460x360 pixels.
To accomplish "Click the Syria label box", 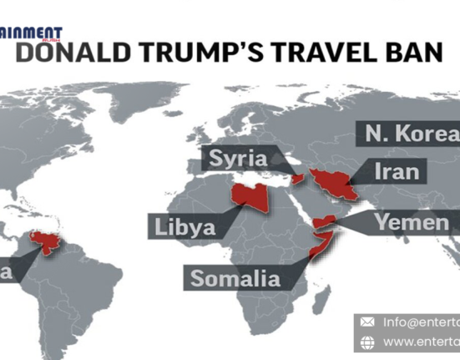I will tap(238, 158).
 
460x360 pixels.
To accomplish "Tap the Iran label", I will tap(390, 172).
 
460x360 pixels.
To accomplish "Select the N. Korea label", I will tap(410, 134).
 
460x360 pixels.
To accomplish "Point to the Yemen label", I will tap(411, 222).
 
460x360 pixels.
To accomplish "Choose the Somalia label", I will tap(236, 278).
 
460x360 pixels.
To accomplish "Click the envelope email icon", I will tap(367, 322).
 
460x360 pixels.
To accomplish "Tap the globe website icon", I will tap(367, 342).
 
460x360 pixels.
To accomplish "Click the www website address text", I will tap(421, 342).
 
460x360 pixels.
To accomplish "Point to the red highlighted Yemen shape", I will tap(326, 222).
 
